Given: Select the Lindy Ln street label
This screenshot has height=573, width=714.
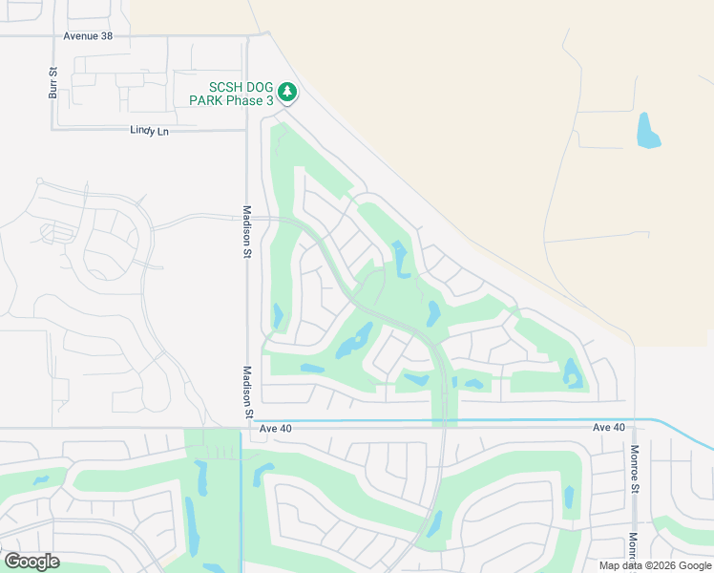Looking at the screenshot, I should tap(149, 130).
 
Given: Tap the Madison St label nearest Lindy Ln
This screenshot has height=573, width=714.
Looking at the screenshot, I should tap(246, 232).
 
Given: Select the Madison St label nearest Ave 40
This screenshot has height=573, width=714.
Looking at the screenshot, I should tap(246, 393).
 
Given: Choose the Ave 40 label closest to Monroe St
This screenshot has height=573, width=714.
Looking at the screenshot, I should tap(608, 427).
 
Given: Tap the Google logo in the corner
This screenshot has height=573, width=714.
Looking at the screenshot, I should tap(31, 562).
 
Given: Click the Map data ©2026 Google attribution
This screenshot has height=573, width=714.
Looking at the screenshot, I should tap(654, 565).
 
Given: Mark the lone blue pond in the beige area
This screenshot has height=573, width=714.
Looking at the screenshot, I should tap(648, 131).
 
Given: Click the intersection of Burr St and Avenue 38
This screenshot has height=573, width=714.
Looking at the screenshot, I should tap(53, 36).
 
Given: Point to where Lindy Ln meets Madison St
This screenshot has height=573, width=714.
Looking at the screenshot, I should tap(246, 130).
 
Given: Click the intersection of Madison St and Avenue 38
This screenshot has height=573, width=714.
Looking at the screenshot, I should tap(246, 36).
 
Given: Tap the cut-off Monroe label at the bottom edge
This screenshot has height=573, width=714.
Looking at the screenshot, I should tap(633, 548).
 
